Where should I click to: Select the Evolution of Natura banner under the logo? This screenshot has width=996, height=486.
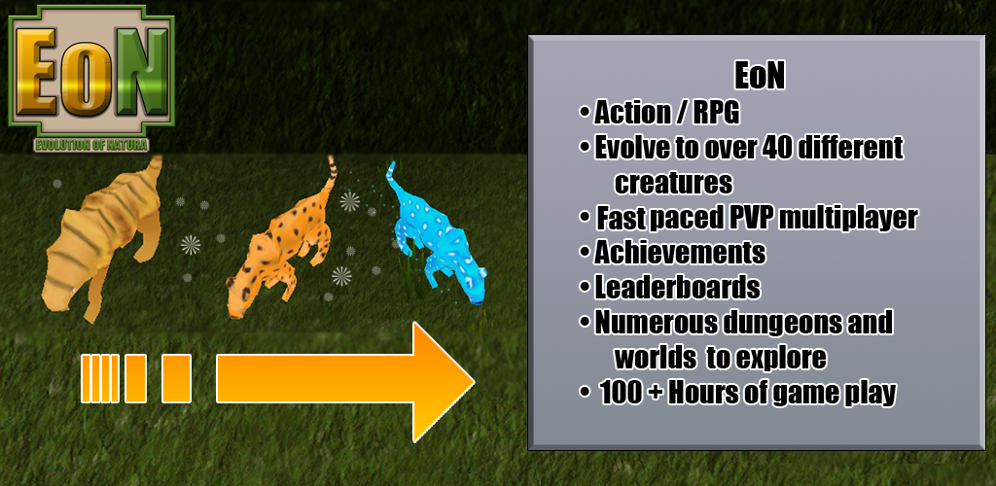coord(91,145)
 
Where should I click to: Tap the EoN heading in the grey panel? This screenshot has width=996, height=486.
coord(759,78)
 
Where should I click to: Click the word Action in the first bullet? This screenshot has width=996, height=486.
coord(632,114)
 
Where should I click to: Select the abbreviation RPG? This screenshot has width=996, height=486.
coord(715,114)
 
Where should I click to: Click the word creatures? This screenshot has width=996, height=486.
coord(673,184)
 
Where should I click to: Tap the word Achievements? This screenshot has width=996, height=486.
coord(680,253)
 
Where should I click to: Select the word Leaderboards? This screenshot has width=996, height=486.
coord(677,288)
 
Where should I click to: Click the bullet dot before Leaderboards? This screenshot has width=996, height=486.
coord(585,288)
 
